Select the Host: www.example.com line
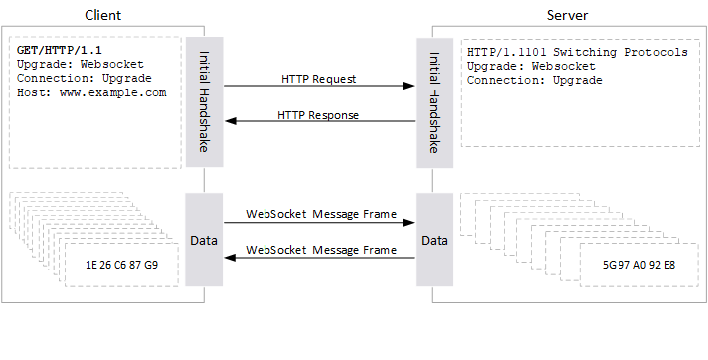point(91,92)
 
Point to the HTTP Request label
point(319,78)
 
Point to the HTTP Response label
point(319,114)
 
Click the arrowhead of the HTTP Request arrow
point(409,87)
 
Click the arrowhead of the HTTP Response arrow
point(230,122)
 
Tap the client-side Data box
point(204,241)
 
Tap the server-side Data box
point(434,241)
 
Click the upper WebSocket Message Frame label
point(319,214)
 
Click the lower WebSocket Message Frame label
point(319,249)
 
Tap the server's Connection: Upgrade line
point(535,81)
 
